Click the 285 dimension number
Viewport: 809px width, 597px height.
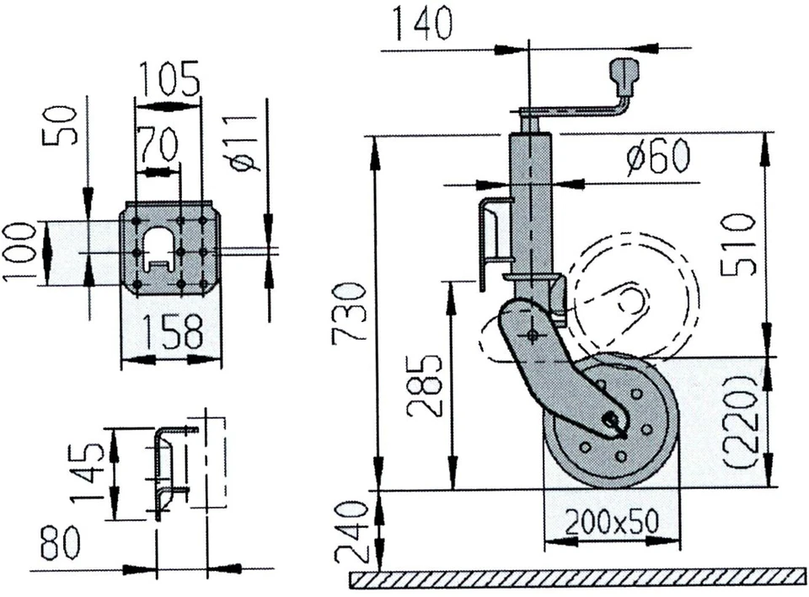425,386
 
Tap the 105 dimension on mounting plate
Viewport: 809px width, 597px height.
169,80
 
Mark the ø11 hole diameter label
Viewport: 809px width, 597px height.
245,143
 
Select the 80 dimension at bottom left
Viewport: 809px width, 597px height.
60,544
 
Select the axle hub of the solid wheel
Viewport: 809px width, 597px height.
612,419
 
